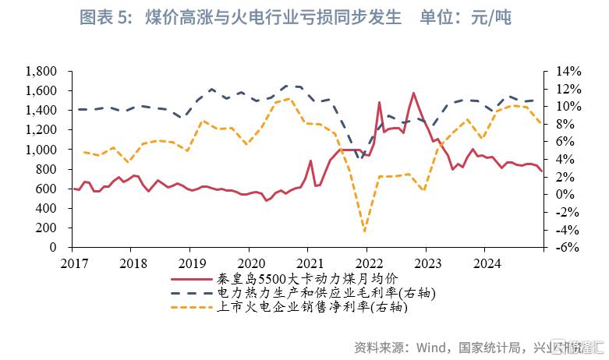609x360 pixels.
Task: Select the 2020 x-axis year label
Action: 250,263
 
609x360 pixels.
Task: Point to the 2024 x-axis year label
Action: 486,263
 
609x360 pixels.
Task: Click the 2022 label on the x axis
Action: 367,263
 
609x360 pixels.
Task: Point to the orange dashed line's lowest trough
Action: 364,231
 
